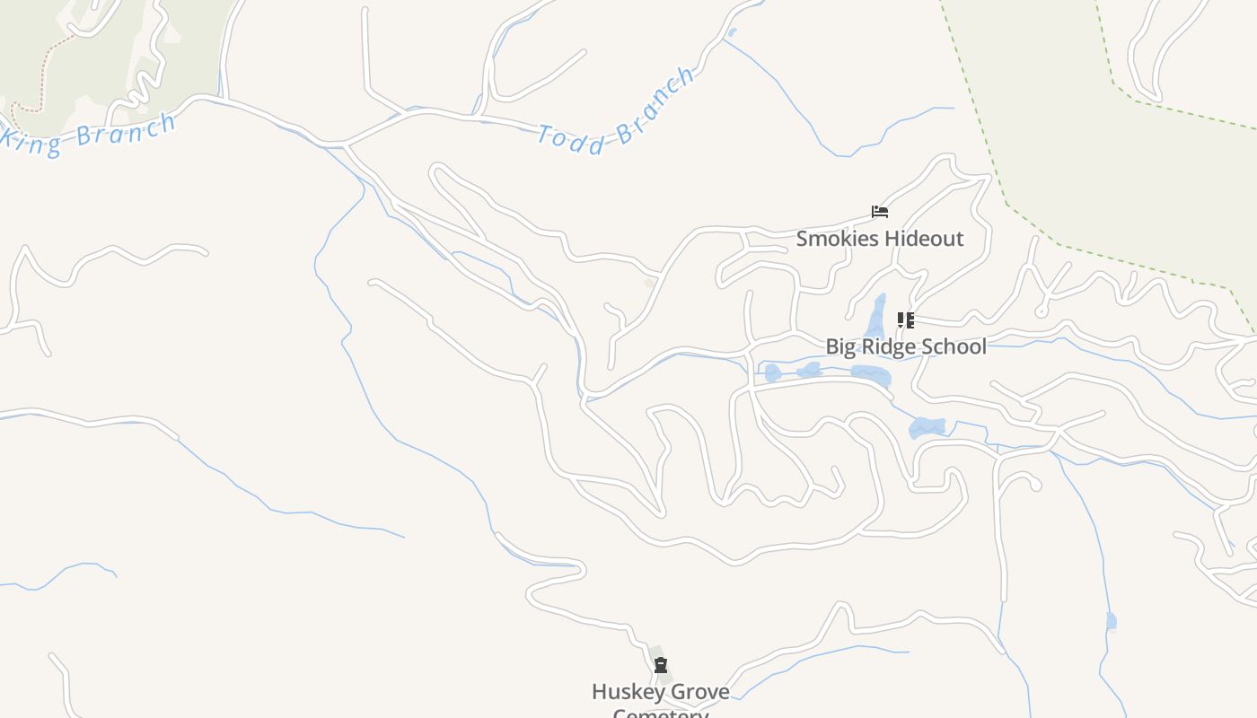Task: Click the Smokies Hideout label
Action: (879, 239)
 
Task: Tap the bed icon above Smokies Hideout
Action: (880, 212)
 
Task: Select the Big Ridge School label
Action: (905, 346)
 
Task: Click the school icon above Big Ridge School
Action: (905, 320)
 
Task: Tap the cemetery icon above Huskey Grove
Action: (661, 665)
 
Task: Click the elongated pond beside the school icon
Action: (876, 316)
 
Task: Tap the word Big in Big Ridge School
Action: (841, 346)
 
